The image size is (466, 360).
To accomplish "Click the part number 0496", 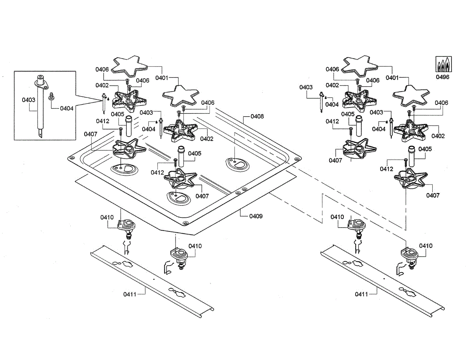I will click(442, 77).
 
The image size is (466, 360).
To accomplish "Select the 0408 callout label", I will click(257, 116).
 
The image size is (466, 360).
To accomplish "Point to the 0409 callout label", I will click(256, 216).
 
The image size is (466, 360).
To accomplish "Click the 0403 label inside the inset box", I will click(28, 100).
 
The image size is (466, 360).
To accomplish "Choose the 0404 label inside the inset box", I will click(66, 108).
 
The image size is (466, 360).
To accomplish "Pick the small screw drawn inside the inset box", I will click(50, 96).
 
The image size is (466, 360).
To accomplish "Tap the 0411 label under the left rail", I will click(130, 294).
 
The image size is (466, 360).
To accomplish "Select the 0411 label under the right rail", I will click(361, 294).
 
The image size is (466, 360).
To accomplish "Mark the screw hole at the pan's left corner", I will click(71, 158).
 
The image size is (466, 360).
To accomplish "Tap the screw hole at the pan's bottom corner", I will click(185, 223).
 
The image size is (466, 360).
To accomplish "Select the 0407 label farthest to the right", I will click(433, 195).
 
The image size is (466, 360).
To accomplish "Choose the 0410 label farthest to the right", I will click(426, 246).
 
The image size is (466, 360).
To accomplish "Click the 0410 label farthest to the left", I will click(107, 217).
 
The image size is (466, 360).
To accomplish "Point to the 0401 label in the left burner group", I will click(162, 78).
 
